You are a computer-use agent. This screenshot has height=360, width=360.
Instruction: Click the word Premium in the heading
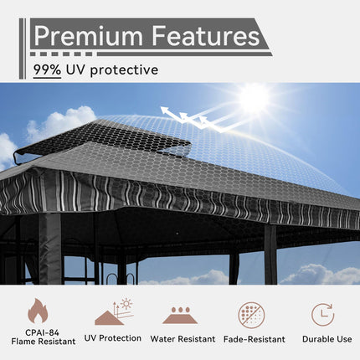(x=88, y=36)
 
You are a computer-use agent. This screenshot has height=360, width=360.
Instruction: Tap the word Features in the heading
(x=206, y=36)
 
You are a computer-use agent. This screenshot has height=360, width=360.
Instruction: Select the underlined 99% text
(x=47, y=70)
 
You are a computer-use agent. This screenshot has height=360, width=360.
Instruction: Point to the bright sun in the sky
(x=253, y=98)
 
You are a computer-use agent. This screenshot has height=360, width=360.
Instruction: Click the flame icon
(x=38, y=312)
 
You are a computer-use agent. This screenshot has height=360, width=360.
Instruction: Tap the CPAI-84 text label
(x=38, y=332)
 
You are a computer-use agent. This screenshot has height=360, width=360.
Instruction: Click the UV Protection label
(x=114, y=339)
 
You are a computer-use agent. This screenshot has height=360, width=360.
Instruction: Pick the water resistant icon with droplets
(x=182, y=315)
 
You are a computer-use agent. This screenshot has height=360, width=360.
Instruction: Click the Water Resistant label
(x=183, y=339)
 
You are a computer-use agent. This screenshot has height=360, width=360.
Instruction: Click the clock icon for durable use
(x=322, y=314)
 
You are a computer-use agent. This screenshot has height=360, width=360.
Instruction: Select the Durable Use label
(x=322, y=339)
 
